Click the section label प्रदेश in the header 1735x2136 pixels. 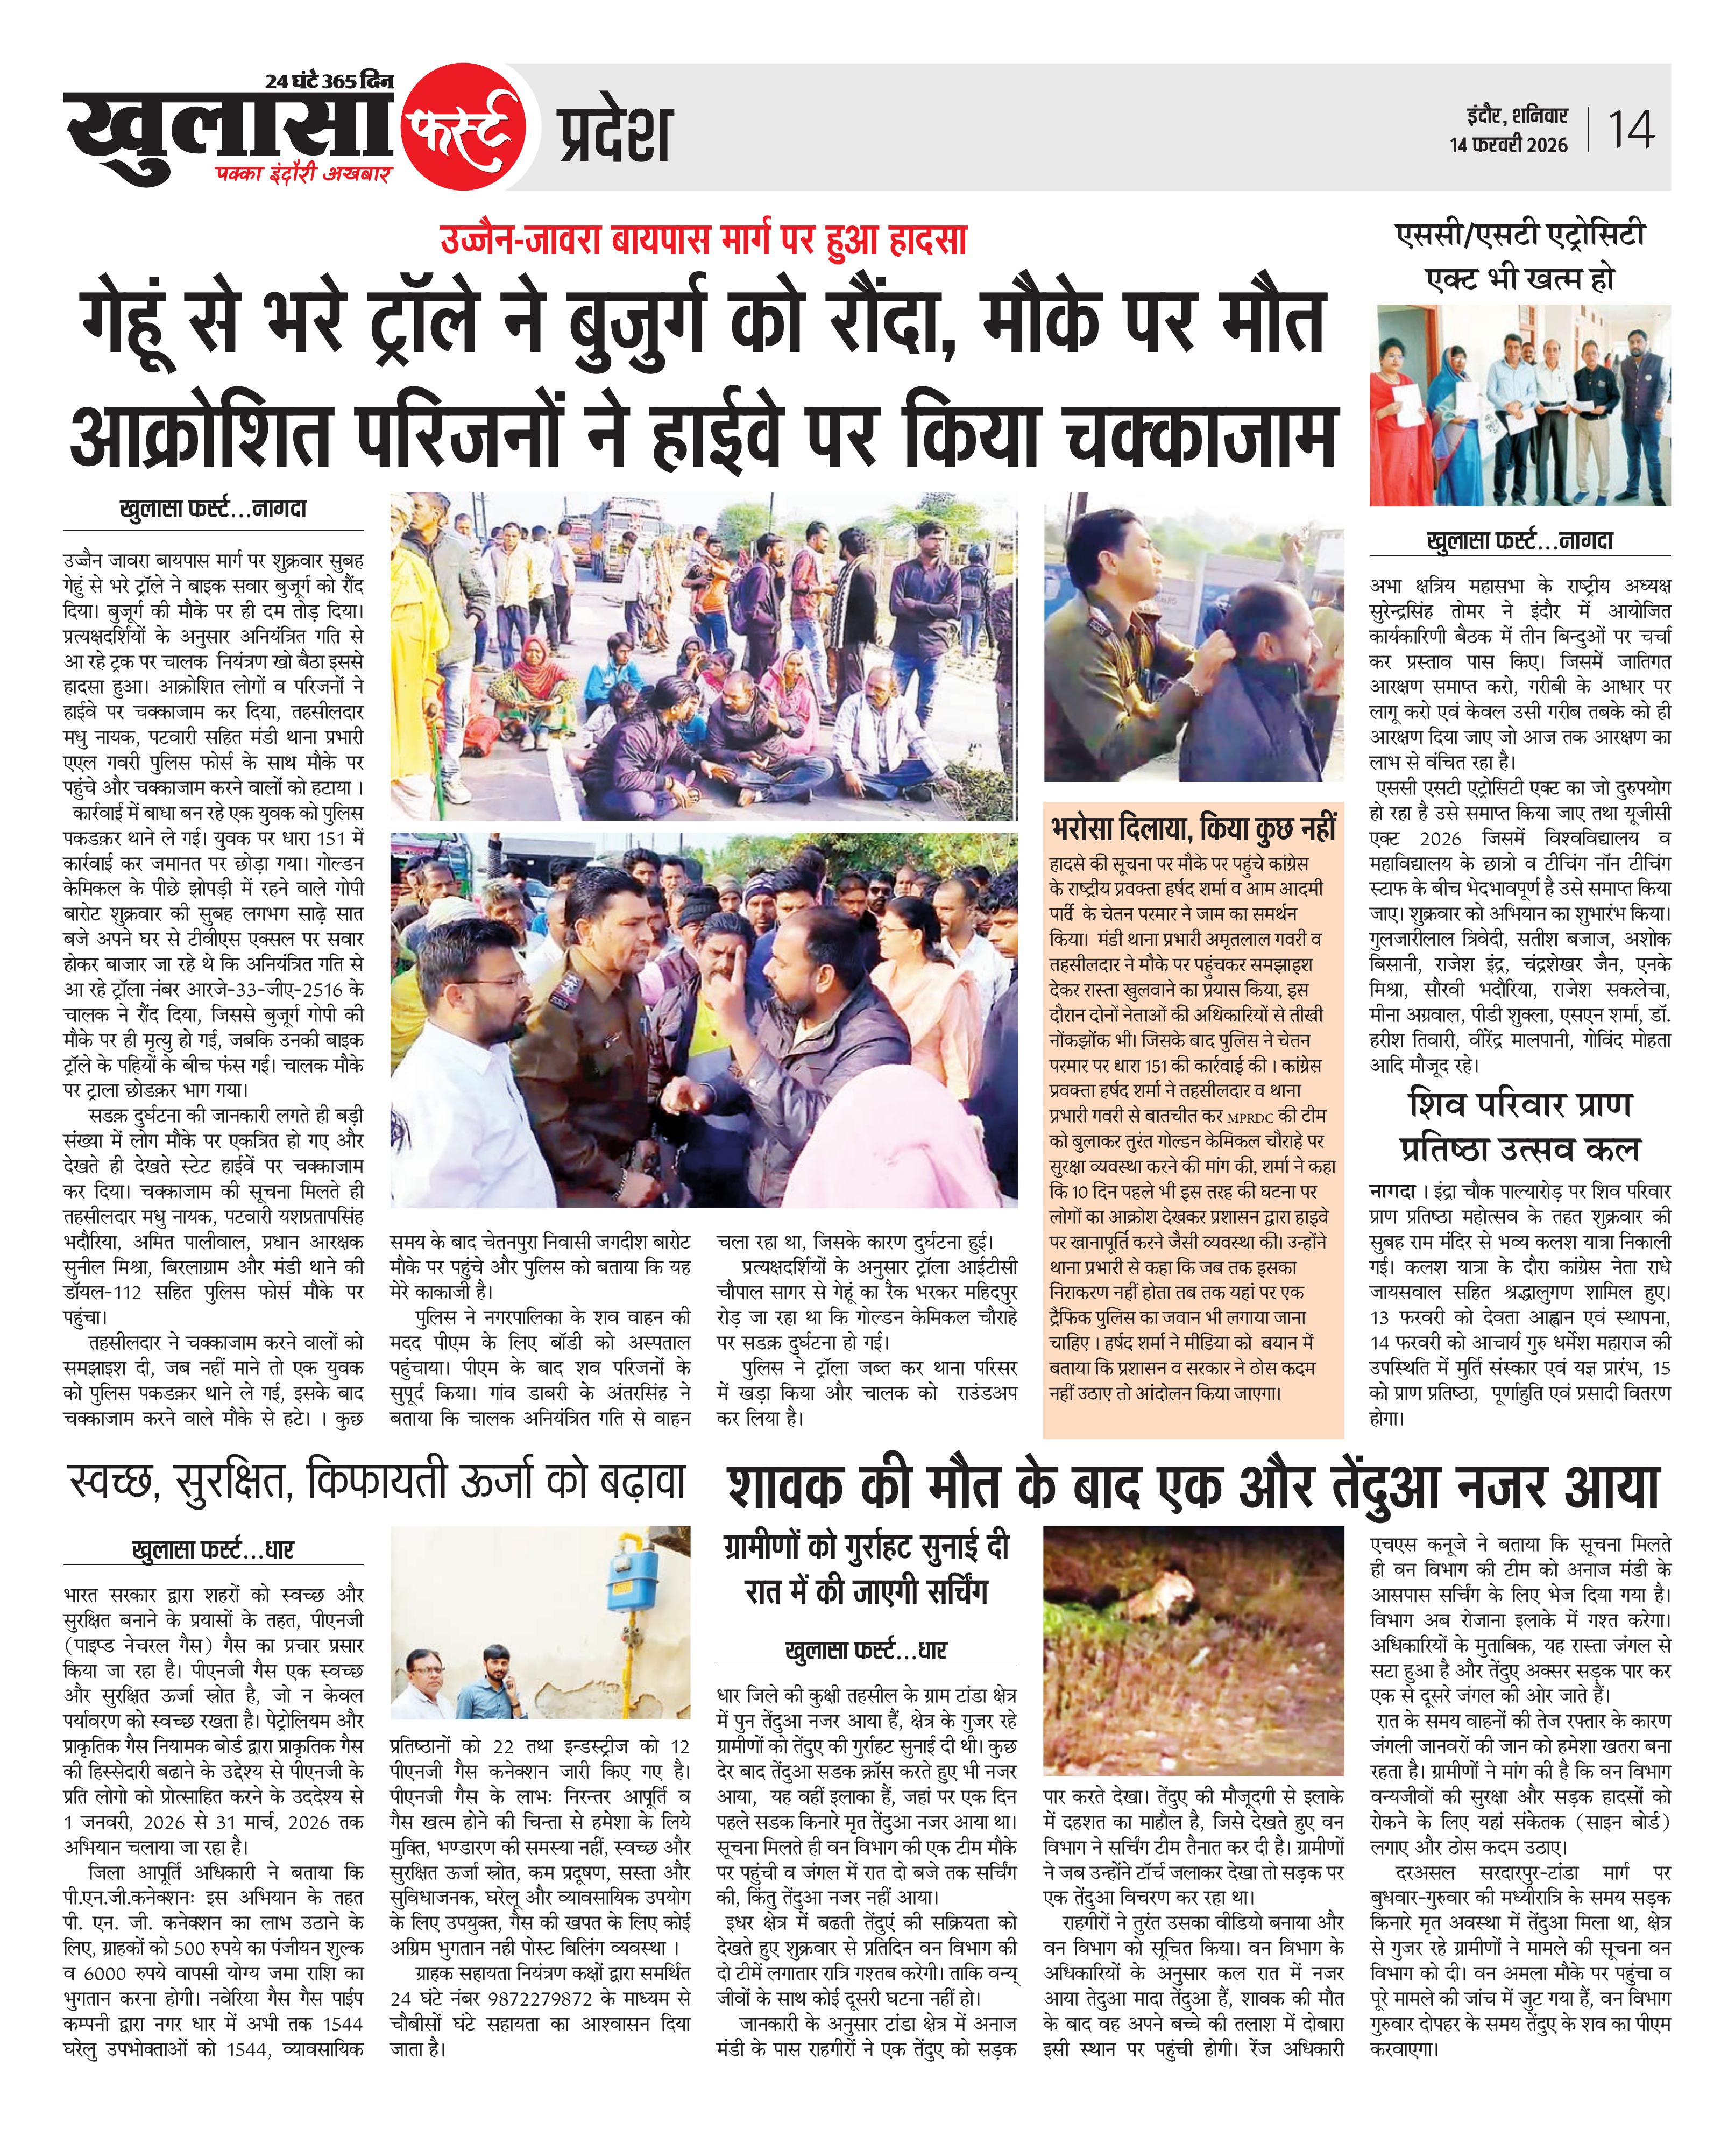(x=614, y=134)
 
